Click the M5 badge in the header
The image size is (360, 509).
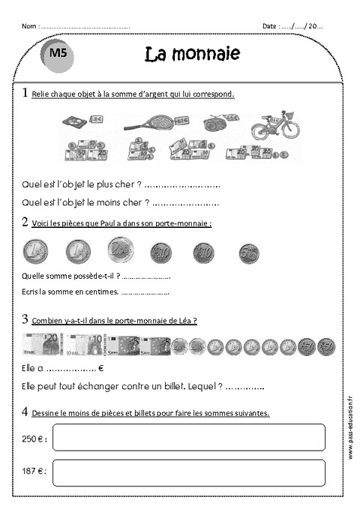57,54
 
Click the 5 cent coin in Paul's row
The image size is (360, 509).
249,253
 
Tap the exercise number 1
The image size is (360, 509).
25,94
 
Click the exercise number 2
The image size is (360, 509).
25,222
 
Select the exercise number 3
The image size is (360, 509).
25,319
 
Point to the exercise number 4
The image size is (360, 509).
25,412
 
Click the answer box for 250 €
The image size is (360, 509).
188,437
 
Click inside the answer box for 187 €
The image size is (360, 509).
188,472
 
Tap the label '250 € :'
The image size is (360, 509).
34,438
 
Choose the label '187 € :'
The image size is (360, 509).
34,472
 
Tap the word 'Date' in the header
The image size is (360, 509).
269,26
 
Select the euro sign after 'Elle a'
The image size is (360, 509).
100,369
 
